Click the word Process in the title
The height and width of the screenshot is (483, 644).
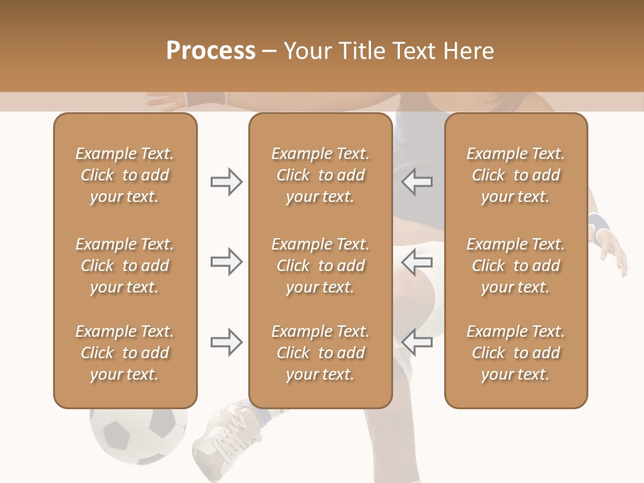click(x=211, y=50)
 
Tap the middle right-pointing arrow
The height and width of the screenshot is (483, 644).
click(x=226, y=262)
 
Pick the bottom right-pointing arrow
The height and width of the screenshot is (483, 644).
click(x=226, y=343)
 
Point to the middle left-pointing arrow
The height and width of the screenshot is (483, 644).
click(x=417, y=262)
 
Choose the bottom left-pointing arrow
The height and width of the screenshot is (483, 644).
click(x=417, y=343)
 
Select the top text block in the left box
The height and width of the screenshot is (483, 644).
click(x=125, y=175)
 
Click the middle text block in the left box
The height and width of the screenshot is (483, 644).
click(x=125, y=266)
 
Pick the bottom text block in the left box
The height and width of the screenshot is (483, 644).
click(x=125, y=353)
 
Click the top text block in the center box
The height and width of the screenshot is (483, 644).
click(x=321, y=175)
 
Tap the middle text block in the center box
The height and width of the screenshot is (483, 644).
click(x=321, y=266)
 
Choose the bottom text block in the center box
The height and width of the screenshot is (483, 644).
click(x=321, y=353)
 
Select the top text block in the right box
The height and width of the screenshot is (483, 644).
click(x=516, y=175)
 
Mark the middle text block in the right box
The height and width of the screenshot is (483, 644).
click(x=516, y=266)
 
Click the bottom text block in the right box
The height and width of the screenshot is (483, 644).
click(x=516, y=353)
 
